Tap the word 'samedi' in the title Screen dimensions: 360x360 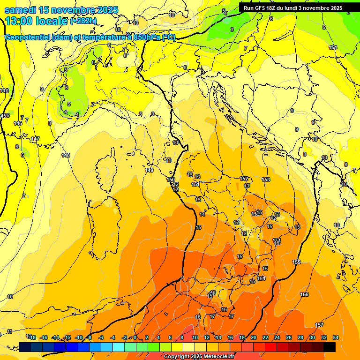coord(20,10)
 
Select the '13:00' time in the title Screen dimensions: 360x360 coord(18,21)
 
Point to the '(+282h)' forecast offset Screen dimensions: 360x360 coord(83,21)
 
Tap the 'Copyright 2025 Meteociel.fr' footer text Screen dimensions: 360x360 coord(199,356)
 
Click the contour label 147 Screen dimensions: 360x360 coord(35,139)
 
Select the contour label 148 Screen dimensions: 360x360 coord(66,155)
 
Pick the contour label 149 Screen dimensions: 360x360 coord(149,170)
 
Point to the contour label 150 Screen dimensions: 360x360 coord(171,180)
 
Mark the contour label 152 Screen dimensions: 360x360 coord(244,179)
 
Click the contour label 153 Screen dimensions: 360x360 coord(266,180)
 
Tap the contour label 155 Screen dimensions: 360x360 coord(296,262)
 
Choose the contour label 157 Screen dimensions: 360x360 coord(319,325)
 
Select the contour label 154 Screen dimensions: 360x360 coord(333,47)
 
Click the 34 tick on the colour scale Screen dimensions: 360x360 coord(336,337)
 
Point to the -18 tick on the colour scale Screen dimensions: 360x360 coord(32,337)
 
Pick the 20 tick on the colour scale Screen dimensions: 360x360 coord(254,337)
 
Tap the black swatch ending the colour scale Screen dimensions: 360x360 coord(330,347)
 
